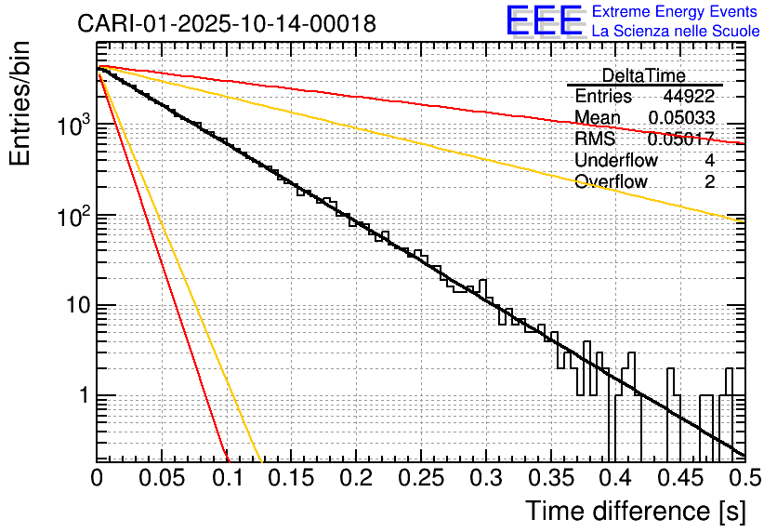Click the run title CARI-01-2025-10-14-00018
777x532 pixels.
[227, 24]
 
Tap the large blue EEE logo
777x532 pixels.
[544, 21]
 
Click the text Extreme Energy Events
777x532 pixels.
[675, 12]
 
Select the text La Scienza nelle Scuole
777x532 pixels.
[675, 31]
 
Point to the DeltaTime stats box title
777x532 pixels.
[643, 75]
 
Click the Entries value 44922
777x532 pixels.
[689, 97]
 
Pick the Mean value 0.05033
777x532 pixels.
[681, 117]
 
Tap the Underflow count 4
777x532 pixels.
[709, 160]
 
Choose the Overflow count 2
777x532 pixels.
[709, 181]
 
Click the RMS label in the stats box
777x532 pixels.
[594, 139]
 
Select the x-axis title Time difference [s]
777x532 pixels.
[636, 511]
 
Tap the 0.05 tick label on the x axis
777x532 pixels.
[162, 478]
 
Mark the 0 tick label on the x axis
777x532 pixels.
[97, 478]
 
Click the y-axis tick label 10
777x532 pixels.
[74, 306]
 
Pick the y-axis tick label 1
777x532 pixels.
[81, 396]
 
